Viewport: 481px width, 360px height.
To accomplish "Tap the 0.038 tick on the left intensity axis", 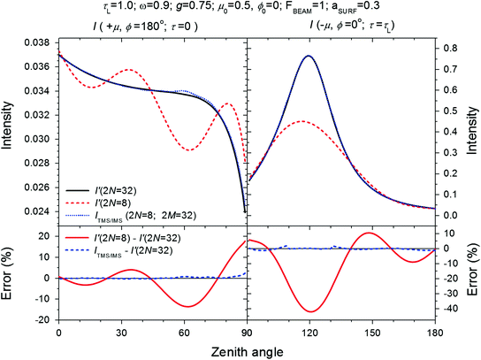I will tap(39, 42).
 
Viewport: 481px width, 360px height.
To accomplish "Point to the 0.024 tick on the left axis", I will tap(39, 212).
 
